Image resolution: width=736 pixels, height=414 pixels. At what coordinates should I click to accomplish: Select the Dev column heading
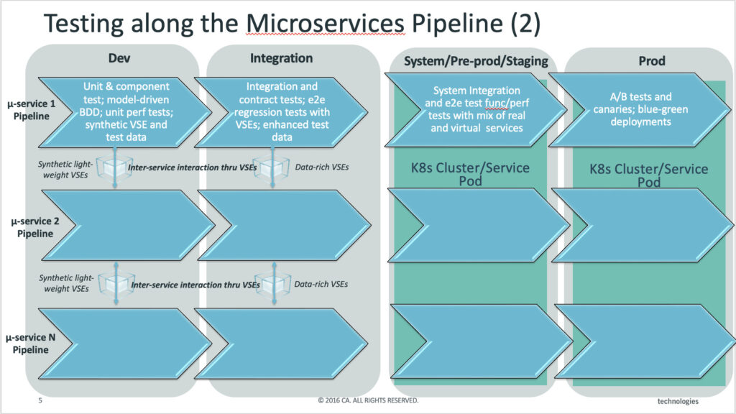[119, 58]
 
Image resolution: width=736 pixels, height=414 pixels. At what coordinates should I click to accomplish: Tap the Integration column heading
[281, 58]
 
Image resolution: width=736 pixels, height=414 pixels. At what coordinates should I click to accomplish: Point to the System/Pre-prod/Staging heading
[476, 61]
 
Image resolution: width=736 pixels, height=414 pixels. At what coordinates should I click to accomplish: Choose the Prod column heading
[651, 60]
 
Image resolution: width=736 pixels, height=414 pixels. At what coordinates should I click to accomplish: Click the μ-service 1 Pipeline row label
[31, 110]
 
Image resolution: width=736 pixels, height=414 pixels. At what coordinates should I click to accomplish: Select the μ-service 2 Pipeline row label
[35, 227]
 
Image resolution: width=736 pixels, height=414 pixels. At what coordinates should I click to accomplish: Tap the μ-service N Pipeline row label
[30, 344]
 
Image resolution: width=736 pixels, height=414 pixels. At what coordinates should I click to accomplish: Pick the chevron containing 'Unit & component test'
[125, 112]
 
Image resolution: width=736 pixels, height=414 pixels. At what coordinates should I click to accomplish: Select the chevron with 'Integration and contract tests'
[281, 112]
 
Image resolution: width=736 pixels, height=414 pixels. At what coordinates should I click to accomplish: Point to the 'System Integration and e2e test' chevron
[476, 110]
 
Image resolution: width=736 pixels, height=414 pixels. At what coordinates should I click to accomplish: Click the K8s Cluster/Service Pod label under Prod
[649, 175]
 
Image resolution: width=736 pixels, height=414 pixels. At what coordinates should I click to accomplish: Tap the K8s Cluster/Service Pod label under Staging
[470, 174]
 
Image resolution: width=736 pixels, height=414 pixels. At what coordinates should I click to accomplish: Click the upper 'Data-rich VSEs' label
[321, 167]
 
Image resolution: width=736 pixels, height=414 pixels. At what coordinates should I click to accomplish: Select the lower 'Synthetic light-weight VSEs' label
[66, 283]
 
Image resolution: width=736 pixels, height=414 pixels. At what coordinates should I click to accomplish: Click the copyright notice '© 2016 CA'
[368, 400]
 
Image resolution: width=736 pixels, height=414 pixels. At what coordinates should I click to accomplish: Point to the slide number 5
[40, 400]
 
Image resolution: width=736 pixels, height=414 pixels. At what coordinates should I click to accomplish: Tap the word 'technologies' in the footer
[678, 401]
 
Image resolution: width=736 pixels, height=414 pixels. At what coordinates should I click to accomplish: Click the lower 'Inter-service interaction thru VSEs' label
[195, 285]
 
